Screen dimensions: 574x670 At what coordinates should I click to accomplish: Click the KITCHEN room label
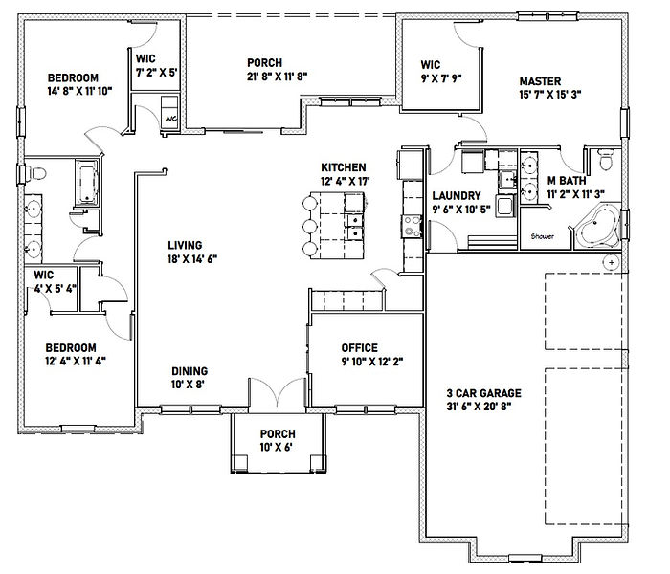344,166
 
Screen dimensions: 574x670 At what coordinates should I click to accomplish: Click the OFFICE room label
358,348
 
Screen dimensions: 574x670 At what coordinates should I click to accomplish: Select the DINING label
190,371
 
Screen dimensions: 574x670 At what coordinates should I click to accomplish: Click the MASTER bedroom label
540,81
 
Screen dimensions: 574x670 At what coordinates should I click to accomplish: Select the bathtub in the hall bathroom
86,183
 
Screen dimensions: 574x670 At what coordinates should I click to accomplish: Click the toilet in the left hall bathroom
37,172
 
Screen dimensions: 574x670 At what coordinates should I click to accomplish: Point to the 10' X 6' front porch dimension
275,446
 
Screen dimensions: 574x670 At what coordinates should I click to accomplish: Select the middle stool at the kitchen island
308,226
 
